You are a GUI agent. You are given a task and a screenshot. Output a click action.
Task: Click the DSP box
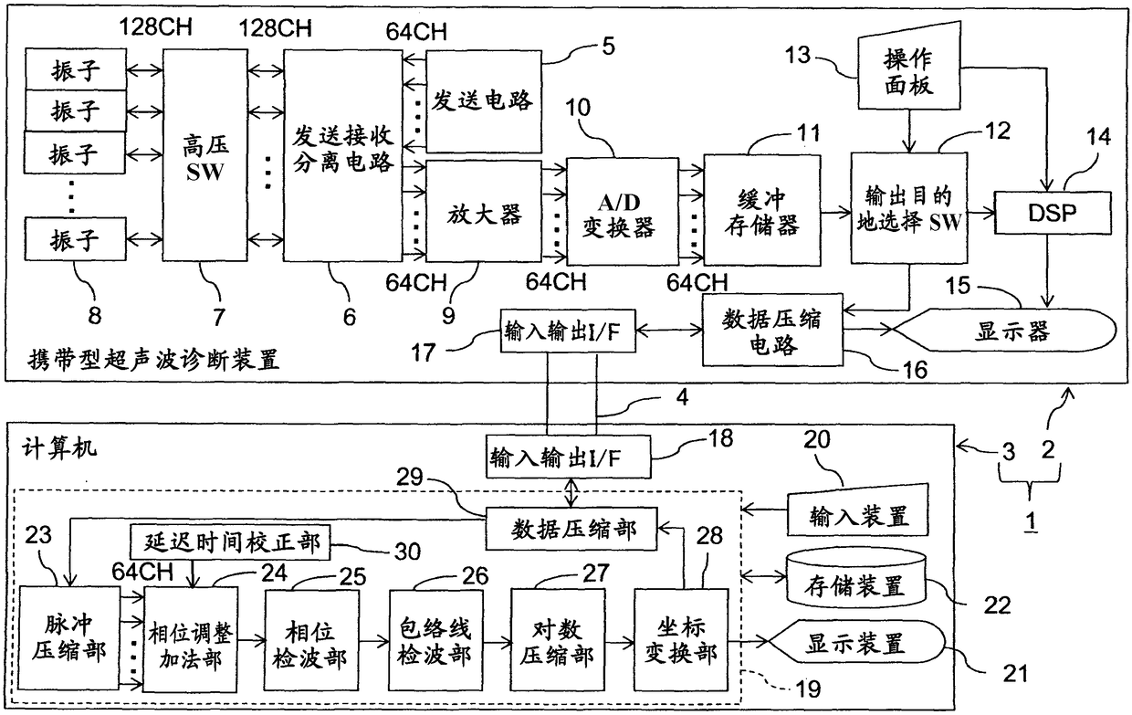(1053, 213)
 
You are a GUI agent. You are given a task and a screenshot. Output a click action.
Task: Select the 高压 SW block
(205, 155)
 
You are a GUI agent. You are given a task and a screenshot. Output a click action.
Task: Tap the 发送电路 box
(484, 101)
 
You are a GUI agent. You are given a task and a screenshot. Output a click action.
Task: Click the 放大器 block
(484, 211)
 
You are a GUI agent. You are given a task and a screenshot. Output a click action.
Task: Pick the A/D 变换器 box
(622, 211)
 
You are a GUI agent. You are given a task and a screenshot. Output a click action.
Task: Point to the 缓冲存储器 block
(762, 210)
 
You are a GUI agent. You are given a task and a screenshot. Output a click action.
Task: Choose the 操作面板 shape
(909, 67)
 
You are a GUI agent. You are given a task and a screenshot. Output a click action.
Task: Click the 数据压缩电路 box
(772, 330)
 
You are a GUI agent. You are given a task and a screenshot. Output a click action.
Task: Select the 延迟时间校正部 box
(230, 542)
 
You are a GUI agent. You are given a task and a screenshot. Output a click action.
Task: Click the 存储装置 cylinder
(855, 580)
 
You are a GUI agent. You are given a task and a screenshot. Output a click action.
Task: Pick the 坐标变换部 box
(681, 639)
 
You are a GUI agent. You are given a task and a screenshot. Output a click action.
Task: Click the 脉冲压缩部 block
(69, 638)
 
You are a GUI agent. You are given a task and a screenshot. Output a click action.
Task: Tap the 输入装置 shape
(858, 510)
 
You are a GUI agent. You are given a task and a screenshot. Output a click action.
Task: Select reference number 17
(424, 352)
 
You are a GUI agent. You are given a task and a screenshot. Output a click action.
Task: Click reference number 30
(407, 552)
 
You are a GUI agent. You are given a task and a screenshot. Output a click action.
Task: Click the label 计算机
(59, 448)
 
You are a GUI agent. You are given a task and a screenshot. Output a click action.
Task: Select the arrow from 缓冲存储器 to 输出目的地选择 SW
(836, 213)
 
